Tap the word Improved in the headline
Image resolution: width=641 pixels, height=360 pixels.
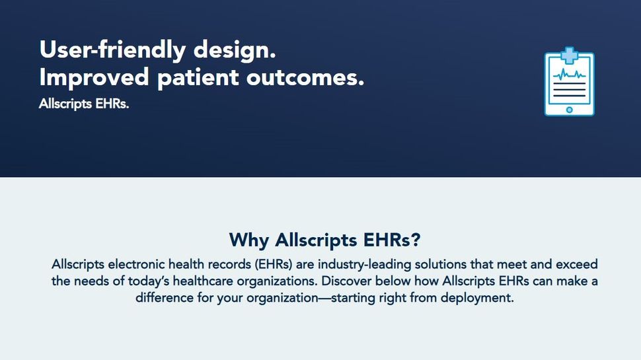[x=94, y=78]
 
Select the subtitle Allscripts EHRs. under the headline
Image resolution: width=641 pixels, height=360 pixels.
[x=84, y=104]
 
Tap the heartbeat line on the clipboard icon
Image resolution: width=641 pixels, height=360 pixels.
[x=569, y=75]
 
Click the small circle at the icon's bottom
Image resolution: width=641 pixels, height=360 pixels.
[x=569, y=110]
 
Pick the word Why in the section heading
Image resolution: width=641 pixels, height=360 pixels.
[x=249, y=238]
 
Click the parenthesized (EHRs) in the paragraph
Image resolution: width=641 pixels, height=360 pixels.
[x=262, y=264]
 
